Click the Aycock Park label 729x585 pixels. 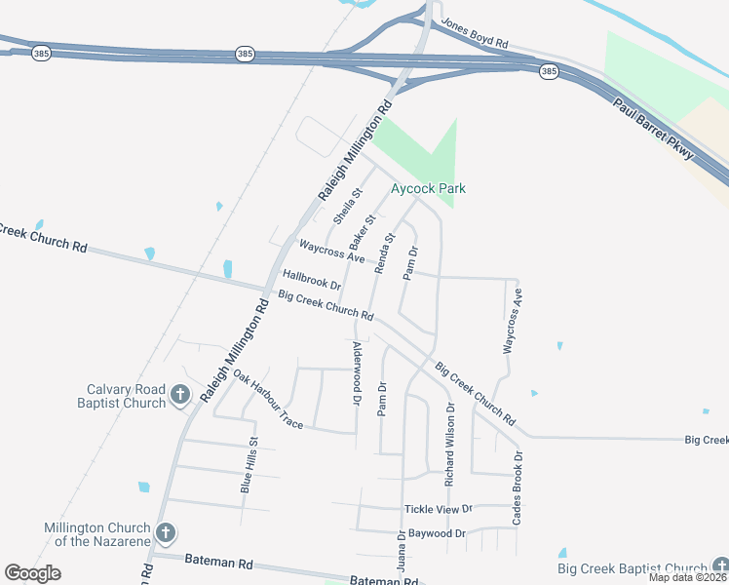tap(428, 188)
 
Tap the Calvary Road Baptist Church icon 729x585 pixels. tap(180, 395)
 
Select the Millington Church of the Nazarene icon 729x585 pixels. tap(166, 533)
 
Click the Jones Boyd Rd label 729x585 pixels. tap(475, 33)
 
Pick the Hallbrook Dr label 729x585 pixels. tap(311, 281)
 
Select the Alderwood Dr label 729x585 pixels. tap(357, 373)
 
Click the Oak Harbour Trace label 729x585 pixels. tap(268, 402)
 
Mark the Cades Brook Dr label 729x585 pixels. tap(518, 487)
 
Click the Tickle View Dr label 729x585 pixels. tap(438, 509)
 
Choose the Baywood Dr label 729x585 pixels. tap(438, 533)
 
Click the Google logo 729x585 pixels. tap(32, 573)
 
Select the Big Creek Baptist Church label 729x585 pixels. tap(632, 568)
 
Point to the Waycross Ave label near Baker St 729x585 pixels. tap(331, 252)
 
